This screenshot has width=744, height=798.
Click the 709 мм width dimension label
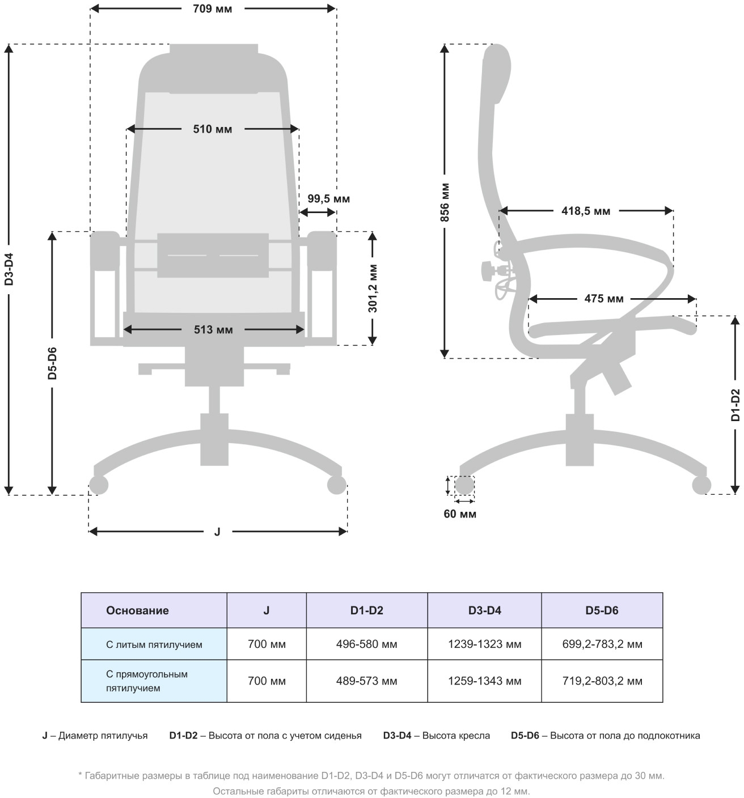click(x=212, y=9)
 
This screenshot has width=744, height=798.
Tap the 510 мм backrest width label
click(x=212, y=129)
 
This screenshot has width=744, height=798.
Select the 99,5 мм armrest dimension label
click(x=328, y=199)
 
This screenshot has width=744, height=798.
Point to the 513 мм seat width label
click(x=213, y=330)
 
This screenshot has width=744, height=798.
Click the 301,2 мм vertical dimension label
click(x=373, y=288)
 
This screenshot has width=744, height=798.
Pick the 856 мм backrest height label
click(x=445, y=202)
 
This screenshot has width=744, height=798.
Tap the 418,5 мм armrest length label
click(x=586, y=211)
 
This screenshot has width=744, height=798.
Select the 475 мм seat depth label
click(x=604, y=299)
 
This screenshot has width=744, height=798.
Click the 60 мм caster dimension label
click(x=460, y=514)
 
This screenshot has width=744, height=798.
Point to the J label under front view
click(x=217, y=532)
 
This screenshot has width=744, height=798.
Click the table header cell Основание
click(x=137, y=610)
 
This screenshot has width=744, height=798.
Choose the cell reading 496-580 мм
click(x=366, y=644)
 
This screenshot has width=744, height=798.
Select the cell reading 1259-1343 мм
click(x=484, y=681)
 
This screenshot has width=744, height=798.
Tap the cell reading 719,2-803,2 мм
click(x=602, y=681)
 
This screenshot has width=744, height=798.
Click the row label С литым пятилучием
click(x=154, y=644)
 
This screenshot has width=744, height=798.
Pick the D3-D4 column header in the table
click(x=484, y=610)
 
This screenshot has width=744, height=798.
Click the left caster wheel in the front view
click(x=99, y=485)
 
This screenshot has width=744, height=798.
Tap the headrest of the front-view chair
click(x=214, y=68)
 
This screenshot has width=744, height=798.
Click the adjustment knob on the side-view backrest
click(x=487, y=270)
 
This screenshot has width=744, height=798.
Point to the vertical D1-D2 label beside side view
click(x=735, y=405)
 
